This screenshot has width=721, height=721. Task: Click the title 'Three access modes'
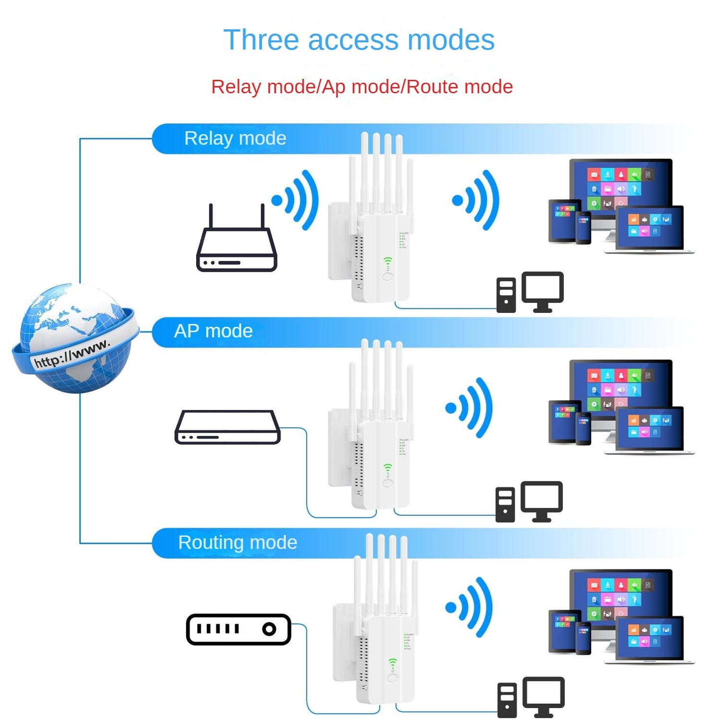pyautogui.click(x=359, y=40)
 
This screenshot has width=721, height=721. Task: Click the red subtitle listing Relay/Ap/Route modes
pyautogui.click(x=362, y=87)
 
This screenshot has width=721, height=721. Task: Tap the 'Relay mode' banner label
pyautogui.click(x=235, y=138)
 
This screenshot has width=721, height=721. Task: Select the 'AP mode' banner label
pyautogui.click(x=213, y=331)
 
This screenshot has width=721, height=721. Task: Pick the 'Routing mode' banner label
pyautogui.click(x=238, y=542)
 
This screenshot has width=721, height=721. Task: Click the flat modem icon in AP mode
pyautogui.click(x=228, y=427)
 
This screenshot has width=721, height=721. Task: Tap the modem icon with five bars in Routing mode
pyautogui.click(x=239, y=629)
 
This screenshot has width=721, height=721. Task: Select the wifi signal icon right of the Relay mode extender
pyautogui.click(x=477, y=200)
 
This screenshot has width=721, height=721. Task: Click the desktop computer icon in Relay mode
pyautogui.click(x=530, y=293)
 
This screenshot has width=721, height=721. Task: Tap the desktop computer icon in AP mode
pyautogui.click(x=529, y=502)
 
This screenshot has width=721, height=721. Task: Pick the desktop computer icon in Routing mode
pyautogui.click(x=531, y=698)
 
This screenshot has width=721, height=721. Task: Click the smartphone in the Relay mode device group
pyautogui.click(x=583, y=228)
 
